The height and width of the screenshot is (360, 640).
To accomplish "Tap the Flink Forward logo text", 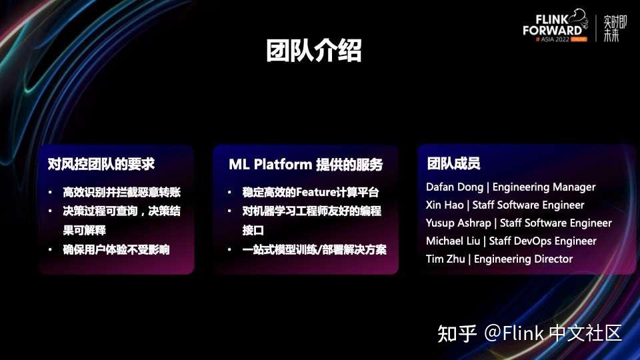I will (x=553, y=25).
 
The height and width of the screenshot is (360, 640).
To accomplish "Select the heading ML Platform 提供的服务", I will (x=305, y=165).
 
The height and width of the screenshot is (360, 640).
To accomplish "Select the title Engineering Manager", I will (x=544, y=187).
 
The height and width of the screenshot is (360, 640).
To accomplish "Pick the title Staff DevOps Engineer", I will (x=543, y=241).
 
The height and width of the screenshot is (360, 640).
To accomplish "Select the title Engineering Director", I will (x=523, y=259).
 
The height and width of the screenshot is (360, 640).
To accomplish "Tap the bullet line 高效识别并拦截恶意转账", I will (x=121, y=193).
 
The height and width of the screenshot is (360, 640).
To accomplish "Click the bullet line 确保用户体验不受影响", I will (x=116, y=250).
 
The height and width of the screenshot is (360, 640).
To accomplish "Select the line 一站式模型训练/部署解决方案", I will (x=314, y=250).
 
